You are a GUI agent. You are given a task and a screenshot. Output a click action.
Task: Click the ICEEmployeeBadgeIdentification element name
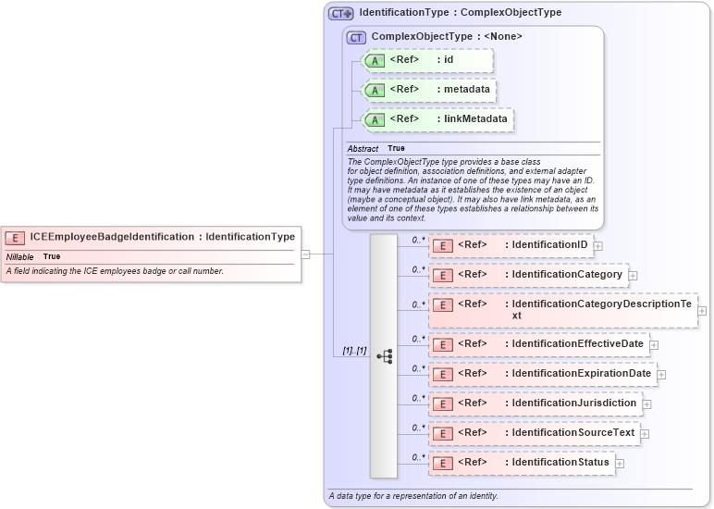click(111, 237)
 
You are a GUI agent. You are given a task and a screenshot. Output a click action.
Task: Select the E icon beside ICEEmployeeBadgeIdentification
click(16, 237)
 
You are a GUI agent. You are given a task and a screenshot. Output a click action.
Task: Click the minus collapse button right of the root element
click(305, 253)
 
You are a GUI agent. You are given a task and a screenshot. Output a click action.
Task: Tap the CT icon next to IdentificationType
click(341, 14)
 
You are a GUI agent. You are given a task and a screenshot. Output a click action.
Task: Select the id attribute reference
click(428, 60)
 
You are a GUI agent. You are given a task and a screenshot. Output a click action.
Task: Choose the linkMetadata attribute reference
click(437, 119)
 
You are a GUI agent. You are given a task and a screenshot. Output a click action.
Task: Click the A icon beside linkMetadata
click(375, 119)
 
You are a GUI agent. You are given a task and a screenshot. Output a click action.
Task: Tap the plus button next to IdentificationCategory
click(634, 276)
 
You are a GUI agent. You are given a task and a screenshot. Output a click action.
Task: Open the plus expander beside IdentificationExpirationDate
click(661, 374)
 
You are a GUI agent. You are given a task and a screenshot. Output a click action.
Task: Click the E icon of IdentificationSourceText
click(443, 433)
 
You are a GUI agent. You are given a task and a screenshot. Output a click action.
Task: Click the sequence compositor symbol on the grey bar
click(384, 355)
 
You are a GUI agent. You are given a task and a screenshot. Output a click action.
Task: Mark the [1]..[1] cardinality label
click(354, 351)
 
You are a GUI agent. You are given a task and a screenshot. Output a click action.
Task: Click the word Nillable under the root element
click(20, 256)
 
